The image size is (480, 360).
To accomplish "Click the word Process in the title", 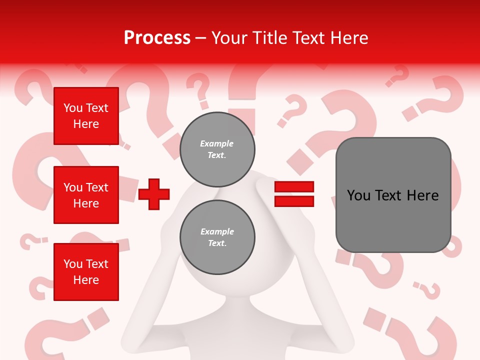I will click(x=157, y=38).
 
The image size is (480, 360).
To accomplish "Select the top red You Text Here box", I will click(x=86, y=116).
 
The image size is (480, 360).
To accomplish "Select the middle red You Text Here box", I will click(x=86, y=195).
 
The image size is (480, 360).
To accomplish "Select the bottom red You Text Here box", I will click(x=86, y=272).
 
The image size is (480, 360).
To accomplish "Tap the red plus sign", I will click(x=154, y=194).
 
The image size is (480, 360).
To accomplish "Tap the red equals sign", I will click(x=294, y=194).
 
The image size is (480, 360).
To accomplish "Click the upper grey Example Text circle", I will click(x=217, y=149).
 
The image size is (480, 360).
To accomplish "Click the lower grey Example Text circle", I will click(x=217, y=237).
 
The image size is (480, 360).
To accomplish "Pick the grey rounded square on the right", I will click(x=393, y=195).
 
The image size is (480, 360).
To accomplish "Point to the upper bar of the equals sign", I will click(x=294, y=186).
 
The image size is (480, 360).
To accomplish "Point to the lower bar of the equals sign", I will click(x=294, y=201).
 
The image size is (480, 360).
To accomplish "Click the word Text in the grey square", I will click(x=392, y=195).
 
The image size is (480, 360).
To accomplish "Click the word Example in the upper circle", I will click(x=217, y=143).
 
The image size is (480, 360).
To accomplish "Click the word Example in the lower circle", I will click(x=217, y=231).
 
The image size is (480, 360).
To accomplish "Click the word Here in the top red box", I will click(x=86, y=124).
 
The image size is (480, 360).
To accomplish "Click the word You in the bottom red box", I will click(x=72, y=264).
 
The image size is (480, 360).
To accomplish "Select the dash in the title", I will click(x=200, y=38).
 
